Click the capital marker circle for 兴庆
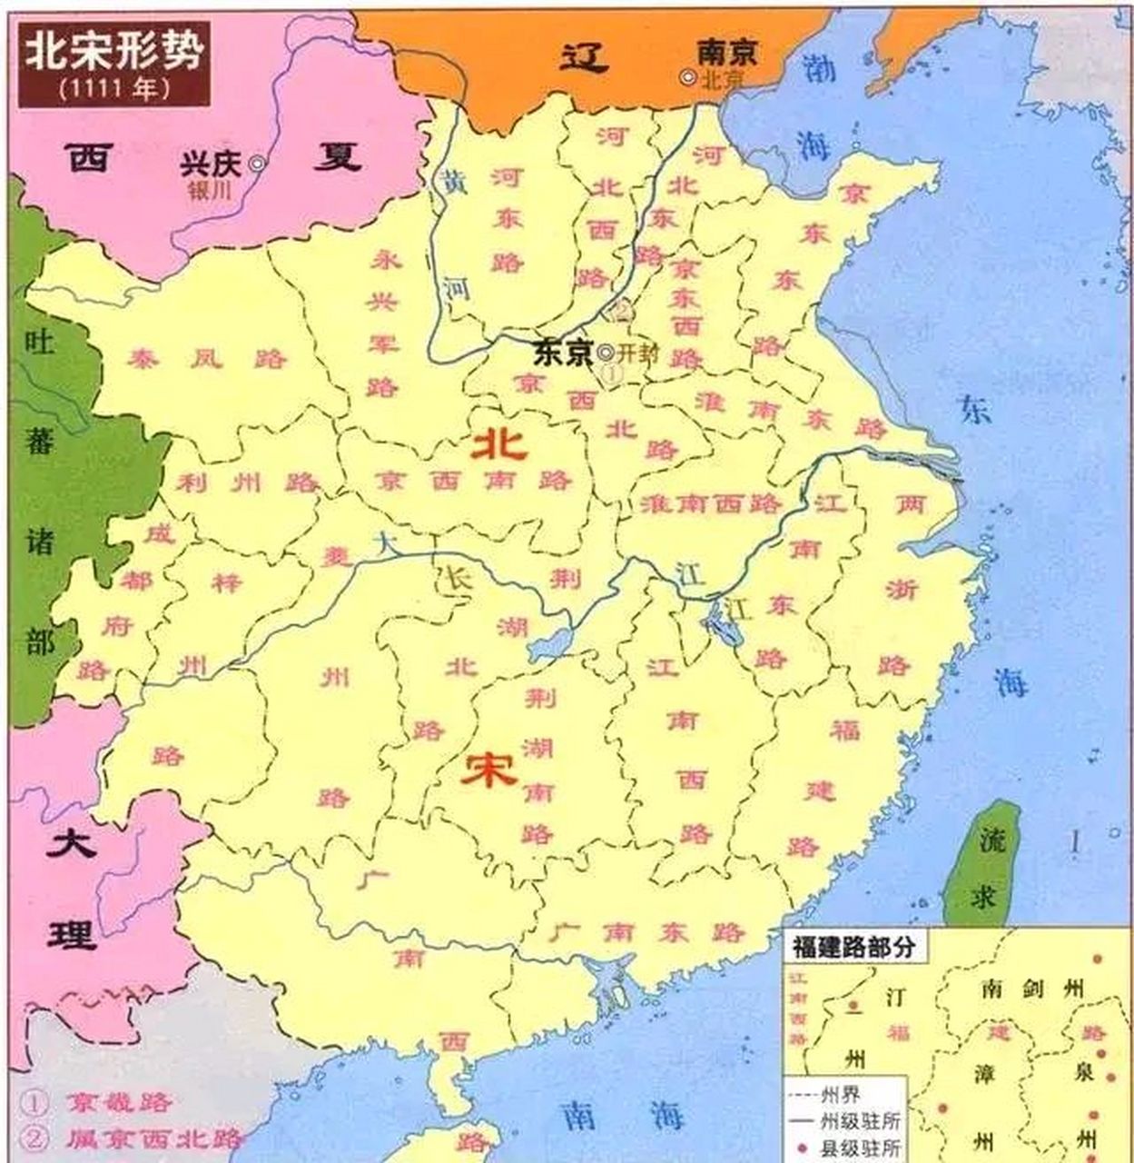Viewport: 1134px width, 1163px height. coord(258,164)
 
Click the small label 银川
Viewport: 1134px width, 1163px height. coord(211,190)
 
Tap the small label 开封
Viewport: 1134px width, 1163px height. coord(639,353)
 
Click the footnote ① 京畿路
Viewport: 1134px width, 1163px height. coord(96,1103)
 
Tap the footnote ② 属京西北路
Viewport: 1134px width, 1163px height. coord(133,1138)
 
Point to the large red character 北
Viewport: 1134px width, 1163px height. coord(498,444)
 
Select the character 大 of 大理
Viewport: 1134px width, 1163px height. coord(72,842)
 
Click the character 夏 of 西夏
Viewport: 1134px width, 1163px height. coord(337,158)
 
